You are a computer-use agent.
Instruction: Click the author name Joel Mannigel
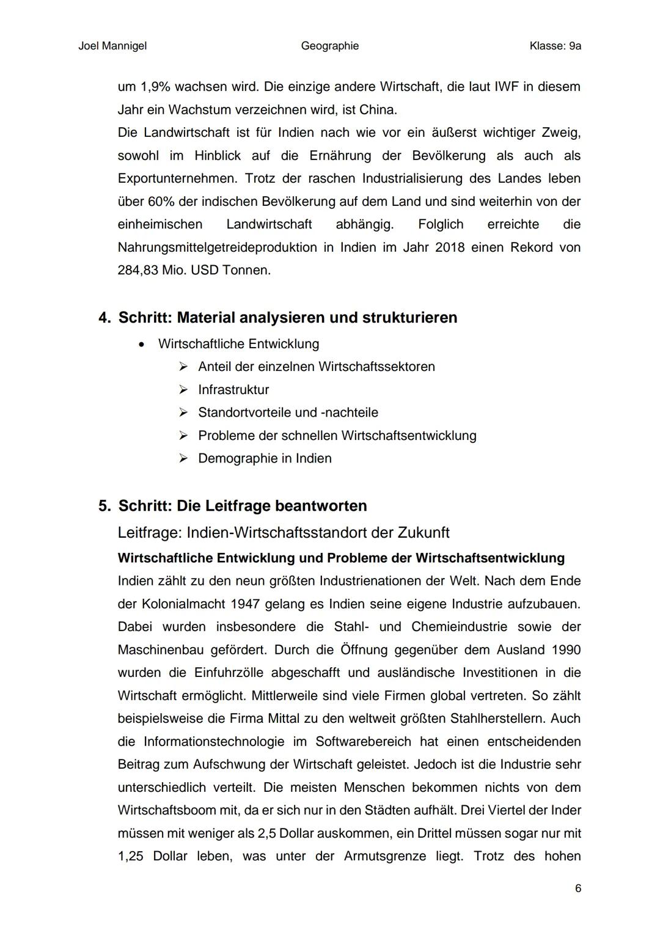coord(112,46)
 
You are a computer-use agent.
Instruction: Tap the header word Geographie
coord(329,46)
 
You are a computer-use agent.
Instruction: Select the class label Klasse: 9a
coord(555,46)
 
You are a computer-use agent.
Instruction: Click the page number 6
coord(577,888)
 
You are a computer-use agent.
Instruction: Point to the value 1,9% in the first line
coord(156,87)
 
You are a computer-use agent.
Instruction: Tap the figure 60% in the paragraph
coord(161,202)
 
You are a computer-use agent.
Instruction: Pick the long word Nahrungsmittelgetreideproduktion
coord(217,247)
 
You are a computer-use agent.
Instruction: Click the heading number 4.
coord(105,318)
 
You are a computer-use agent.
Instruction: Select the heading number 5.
coord(105,506)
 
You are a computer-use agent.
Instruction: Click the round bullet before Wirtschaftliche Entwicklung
coord(142,345)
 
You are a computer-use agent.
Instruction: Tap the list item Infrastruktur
coord(233,390)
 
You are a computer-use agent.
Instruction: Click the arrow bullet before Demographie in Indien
coord(183,459)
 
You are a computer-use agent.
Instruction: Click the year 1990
coord(565,650)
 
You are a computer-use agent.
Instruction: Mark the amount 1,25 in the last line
coord(130,857)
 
